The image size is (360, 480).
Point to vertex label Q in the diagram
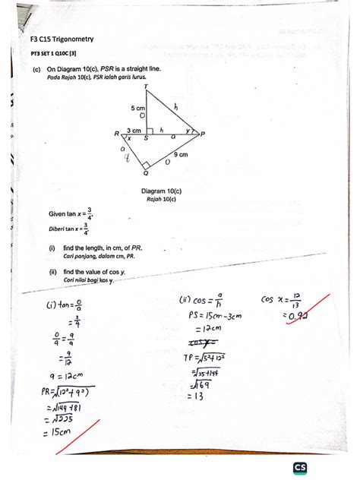pos(145,173)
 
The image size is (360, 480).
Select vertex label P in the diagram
pos(204,134)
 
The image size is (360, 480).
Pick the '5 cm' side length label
pos(137,109)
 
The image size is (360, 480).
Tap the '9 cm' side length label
pos(181,154)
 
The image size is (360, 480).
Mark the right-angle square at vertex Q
pos(146,164)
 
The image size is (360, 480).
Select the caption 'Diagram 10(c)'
pos(161,190)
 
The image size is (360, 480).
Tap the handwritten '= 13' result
pos(199,395)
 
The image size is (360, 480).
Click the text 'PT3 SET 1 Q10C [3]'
pos(54,53)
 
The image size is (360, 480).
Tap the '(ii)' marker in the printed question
pos(53,271)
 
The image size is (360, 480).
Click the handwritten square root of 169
pos(201,384)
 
